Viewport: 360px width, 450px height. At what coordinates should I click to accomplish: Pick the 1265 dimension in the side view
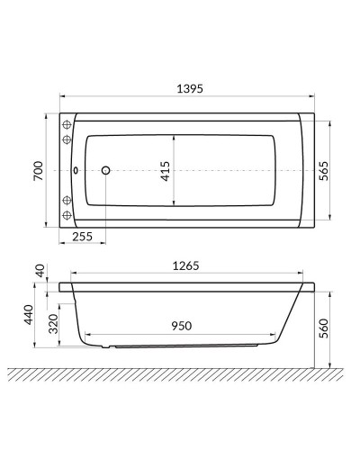click(187, 265)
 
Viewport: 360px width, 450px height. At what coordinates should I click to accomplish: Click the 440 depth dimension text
click(29, 315)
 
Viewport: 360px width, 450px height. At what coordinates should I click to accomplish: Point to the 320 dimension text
click(52, 324)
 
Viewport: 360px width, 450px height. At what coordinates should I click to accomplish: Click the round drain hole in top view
click(105, 169)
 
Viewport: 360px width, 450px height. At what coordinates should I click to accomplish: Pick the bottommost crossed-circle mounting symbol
click(66, 216)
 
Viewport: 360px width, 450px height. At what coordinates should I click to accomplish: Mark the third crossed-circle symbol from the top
click(66, 199)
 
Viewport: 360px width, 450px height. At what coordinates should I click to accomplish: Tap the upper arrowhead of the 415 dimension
click(174, 136)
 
